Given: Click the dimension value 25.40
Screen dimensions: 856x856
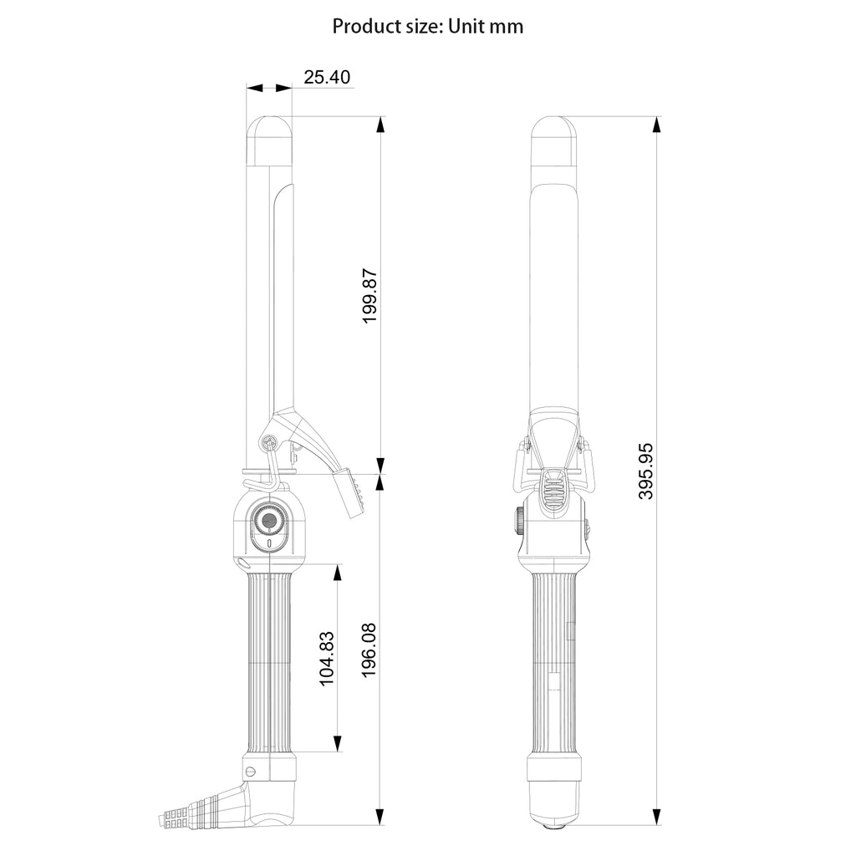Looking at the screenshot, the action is point(327,77).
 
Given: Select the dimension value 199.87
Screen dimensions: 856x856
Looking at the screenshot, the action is point(370,296).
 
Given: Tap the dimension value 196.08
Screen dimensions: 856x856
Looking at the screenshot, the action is point(369,650).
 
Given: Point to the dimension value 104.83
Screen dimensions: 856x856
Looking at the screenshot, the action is point(326,659).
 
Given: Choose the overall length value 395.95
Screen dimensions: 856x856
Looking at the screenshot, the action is point(646,471).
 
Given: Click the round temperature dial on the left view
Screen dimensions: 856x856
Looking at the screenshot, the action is point(268,522).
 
